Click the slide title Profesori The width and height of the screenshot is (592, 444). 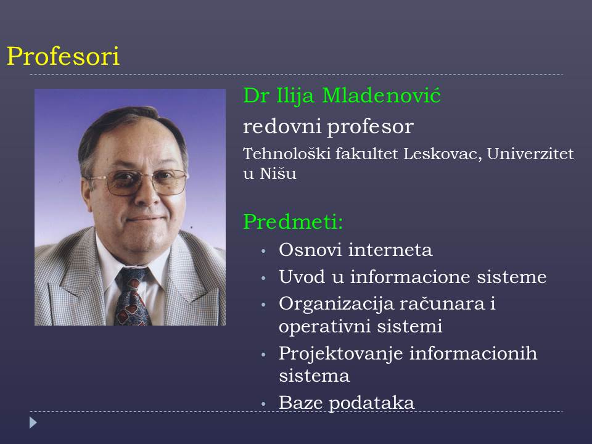point(63,56)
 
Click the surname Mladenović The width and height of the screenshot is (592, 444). point(381,95)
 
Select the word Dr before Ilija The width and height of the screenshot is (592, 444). point(256,95)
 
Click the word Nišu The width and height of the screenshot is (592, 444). point(278,173)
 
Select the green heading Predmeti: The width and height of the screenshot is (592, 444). point(293,221)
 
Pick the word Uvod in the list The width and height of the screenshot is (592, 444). point(302,277)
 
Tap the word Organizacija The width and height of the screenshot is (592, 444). point(336,304)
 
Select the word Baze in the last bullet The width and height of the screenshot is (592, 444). point(300,403)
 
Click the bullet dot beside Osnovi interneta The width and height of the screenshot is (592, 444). point(263,251)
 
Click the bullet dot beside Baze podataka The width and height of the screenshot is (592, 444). point(263,404)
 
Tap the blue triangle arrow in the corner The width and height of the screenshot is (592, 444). point(33,422)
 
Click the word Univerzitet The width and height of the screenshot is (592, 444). point(530,154)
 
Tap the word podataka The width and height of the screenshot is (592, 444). point(371,403)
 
